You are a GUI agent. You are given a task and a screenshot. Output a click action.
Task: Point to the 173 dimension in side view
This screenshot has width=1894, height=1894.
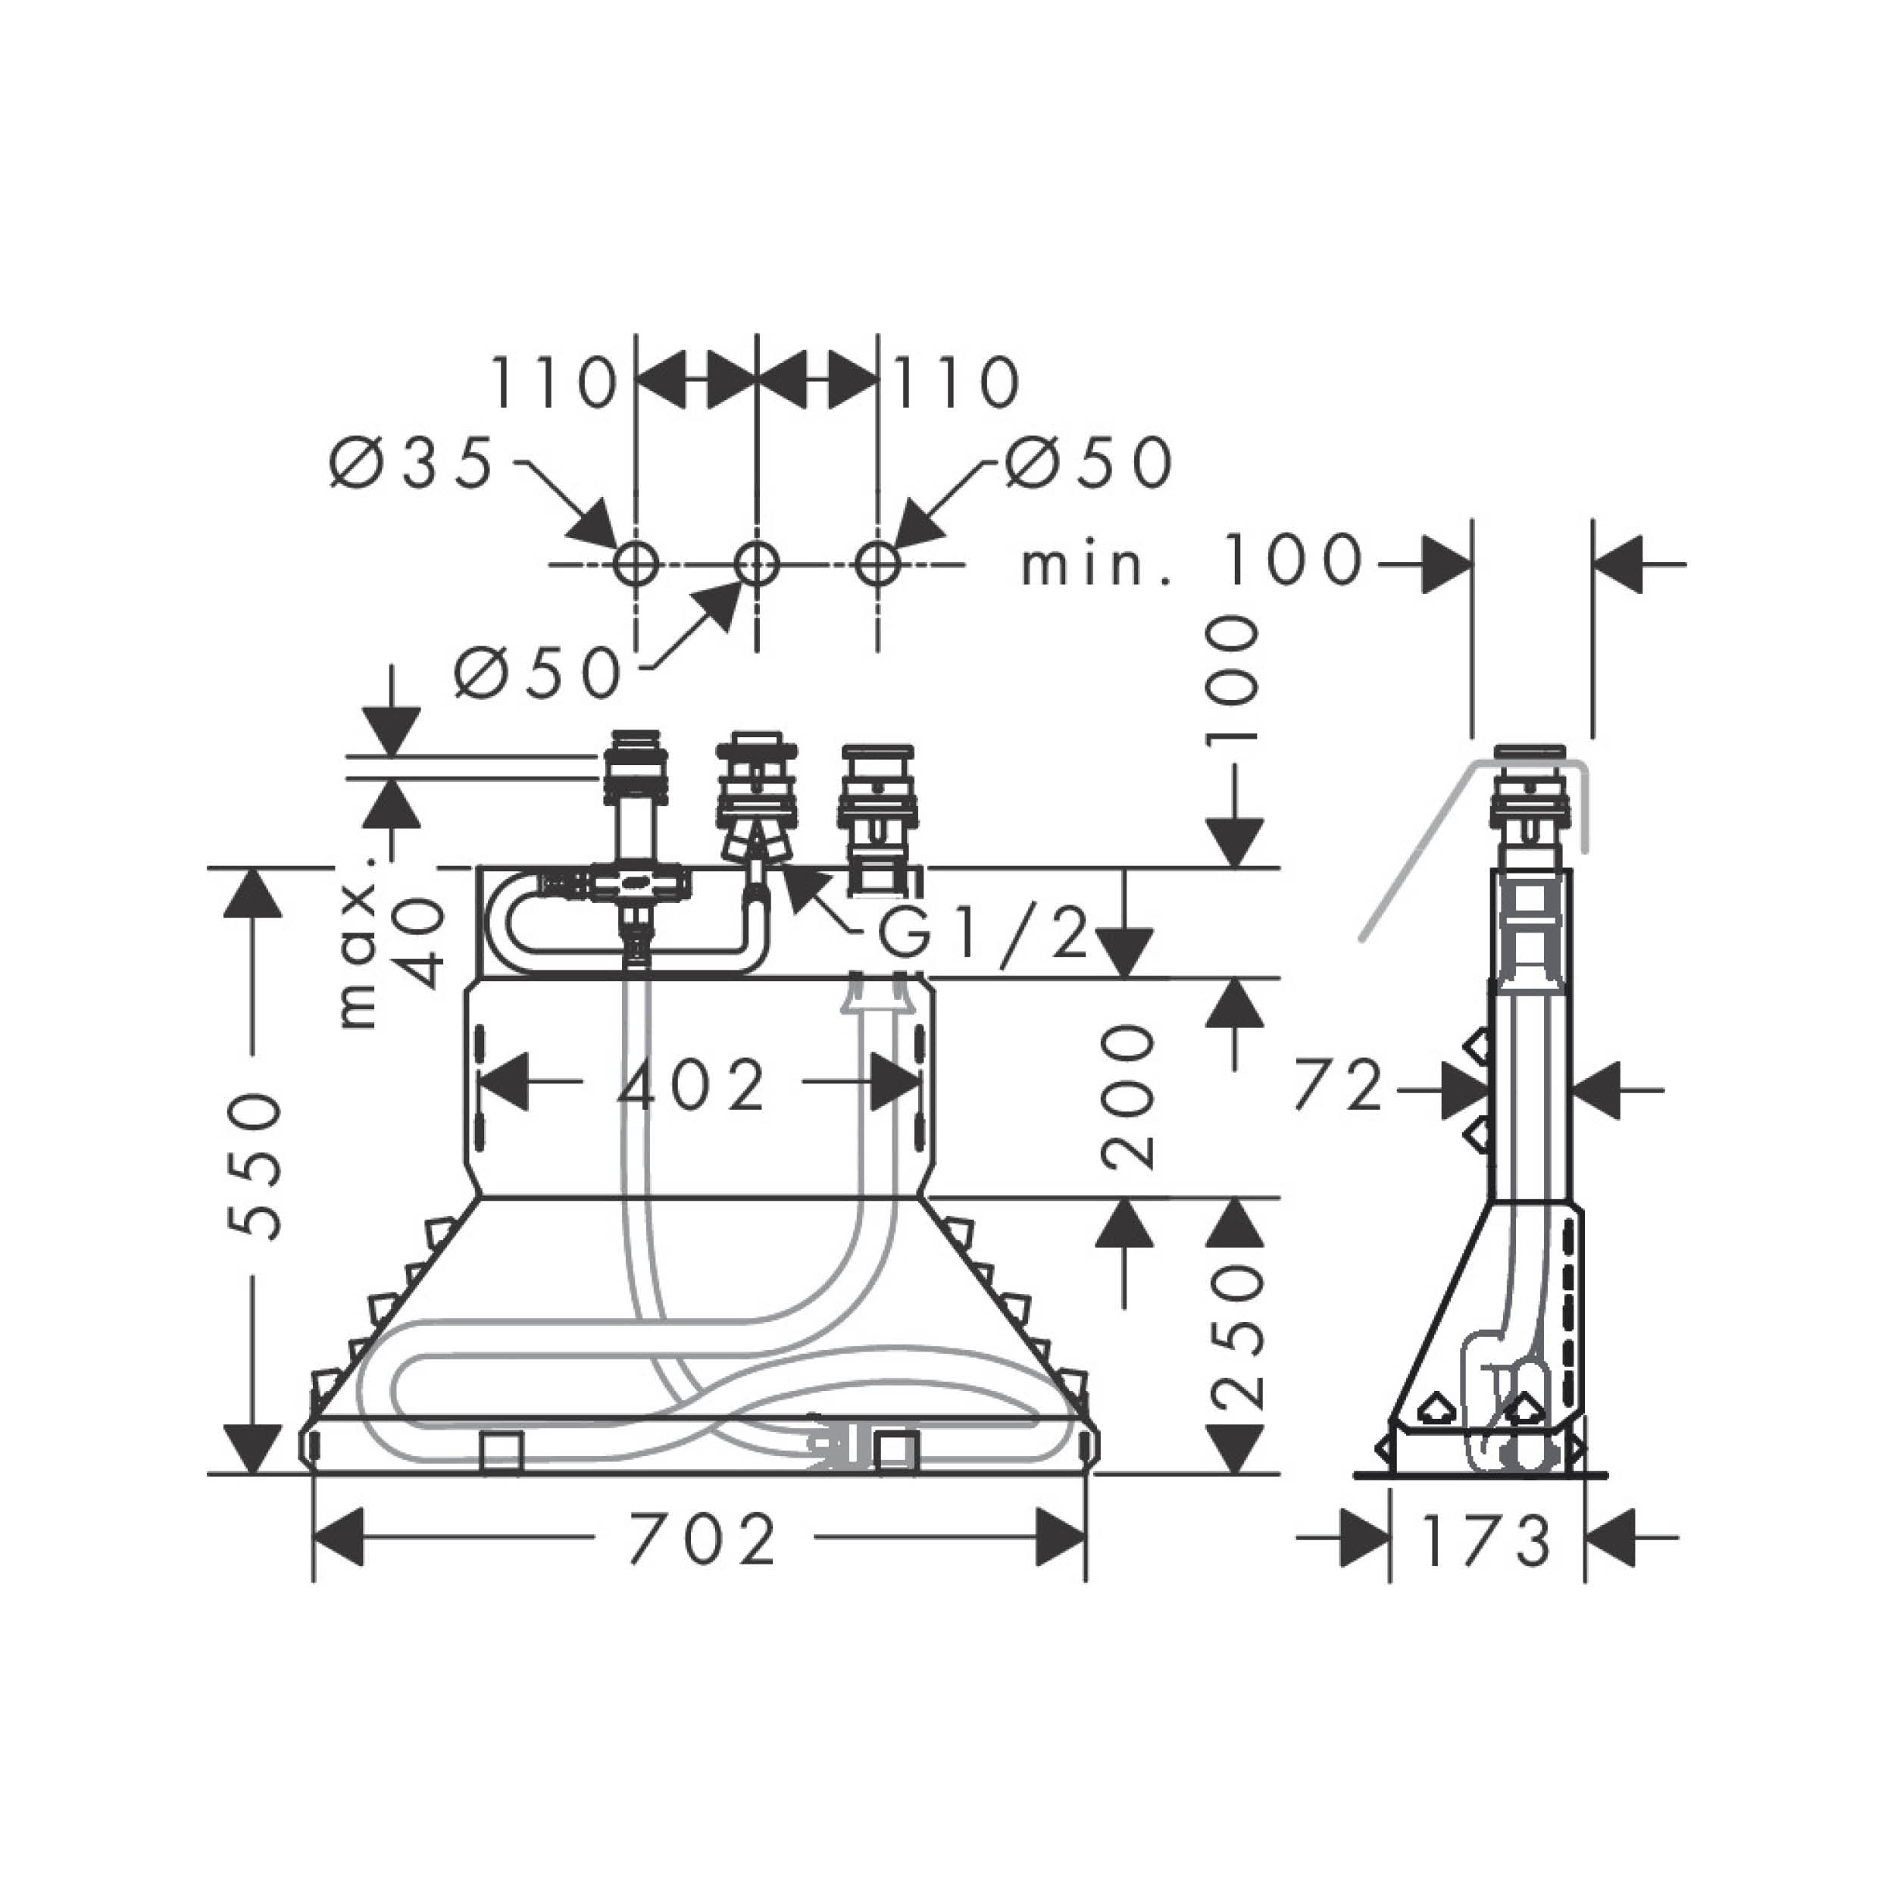(1486, 1541)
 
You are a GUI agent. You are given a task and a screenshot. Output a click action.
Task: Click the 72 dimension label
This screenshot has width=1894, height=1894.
(1338, 1087)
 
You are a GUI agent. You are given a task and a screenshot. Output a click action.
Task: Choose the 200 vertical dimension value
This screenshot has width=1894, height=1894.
(1127, 1097)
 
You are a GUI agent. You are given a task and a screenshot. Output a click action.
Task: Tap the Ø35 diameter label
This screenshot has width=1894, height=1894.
(411, 463)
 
